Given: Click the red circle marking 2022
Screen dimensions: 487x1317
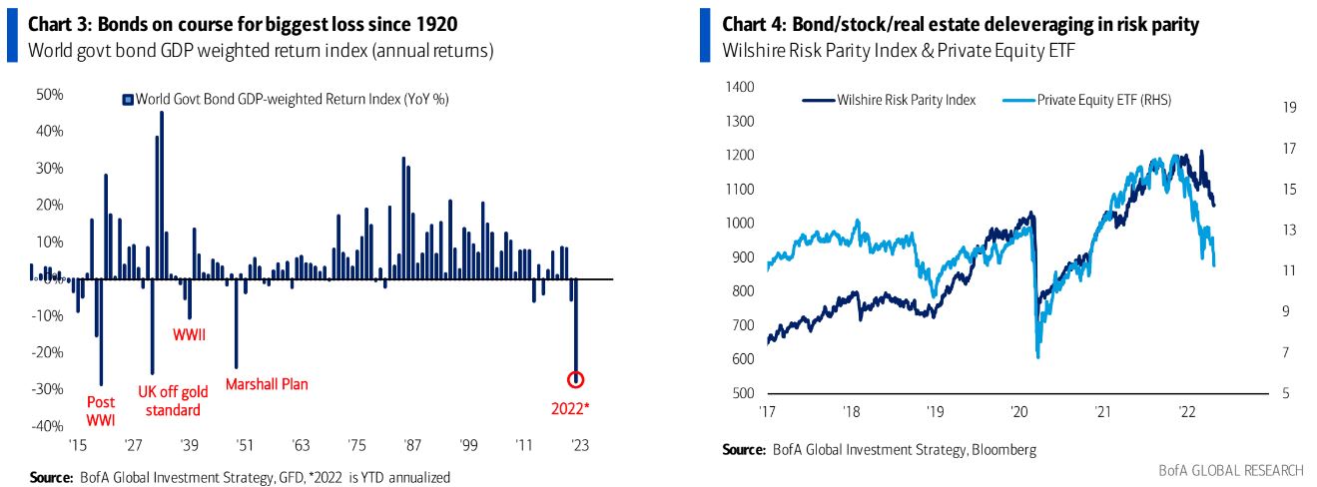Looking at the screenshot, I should pos(575,379).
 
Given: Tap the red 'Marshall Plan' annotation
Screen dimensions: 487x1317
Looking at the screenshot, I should pos(266,384).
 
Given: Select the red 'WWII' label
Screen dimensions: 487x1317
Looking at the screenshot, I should pos(190,334).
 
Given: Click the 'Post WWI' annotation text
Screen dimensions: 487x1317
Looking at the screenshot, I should pos(101,410).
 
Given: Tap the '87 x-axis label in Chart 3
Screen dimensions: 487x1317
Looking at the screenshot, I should pos(408,444).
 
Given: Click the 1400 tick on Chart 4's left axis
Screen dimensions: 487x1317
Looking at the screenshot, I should pos(739,87).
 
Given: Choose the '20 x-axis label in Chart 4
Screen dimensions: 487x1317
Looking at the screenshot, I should pos(1018,411).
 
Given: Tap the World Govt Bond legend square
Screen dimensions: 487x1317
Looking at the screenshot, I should pos(128,99).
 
